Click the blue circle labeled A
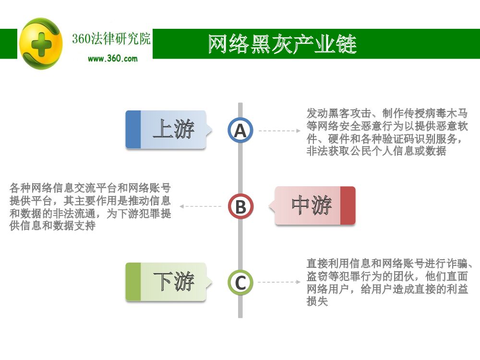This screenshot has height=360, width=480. [240, 130]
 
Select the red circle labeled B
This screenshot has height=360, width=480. [240, 206]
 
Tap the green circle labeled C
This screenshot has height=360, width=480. [240, 282]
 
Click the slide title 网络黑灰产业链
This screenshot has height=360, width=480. [282, 44]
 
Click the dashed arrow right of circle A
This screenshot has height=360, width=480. [279, 131]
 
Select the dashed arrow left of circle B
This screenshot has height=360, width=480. [201, 206]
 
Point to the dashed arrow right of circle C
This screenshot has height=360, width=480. [279, 282]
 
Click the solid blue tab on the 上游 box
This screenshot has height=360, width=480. [133, 130]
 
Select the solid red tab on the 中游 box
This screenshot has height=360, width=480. [348, 205]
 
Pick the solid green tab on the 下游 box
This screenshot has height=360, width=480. [133, 282]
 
